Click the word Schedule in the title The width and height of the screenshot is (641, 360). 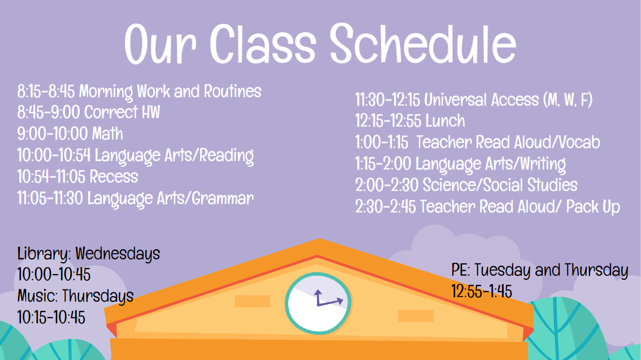pos(423,44)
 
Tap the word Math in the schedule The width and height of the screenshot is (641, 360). pos(107,133)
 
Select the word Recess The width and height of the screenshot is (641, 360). pos(114,176)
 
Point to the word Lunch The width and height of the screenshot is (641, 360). pos(445,121)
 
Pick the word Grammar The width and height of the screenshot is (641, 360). pos(223,199)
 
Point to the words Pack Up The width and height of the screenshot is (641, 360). pos(593,207)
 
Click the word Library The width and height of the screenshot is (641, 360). pos(44,254)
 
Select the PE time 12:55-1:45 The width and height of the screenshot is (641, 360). pos(482,292)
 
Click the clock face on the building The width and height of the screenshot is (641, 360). pos(318,303)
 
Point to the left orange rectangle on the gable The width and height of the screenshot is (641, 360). pos(252,301)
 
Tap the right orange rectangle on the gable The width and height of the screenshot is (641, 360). pos(416,316)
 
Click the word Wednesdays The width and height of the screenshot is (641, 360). pos(118,254)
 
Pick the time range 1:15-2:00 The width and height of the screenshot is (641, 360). pos(383,164)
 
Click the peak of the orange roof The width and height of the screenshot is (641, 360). pos(319,238)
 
